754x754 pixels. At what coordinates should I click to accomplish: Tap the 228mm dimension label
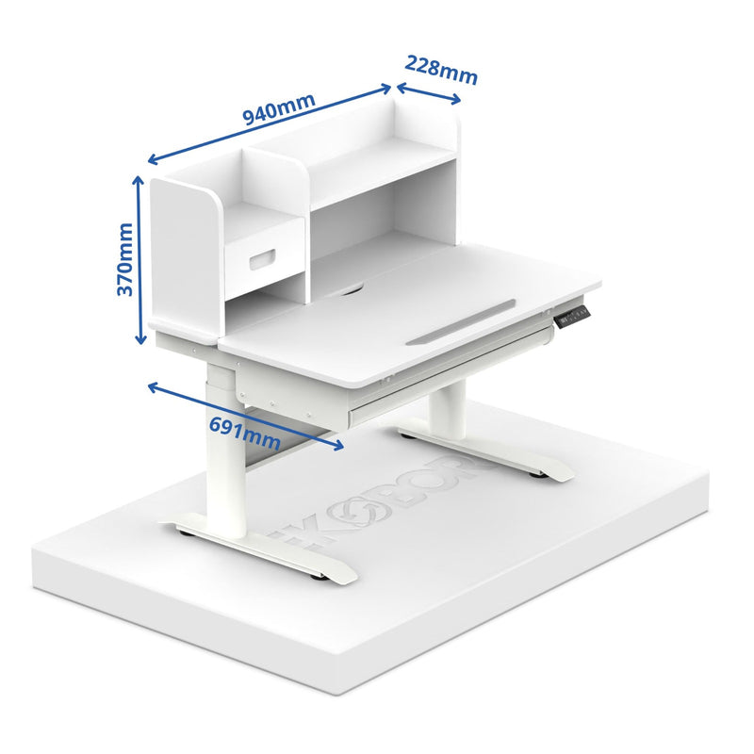(x=441, y=69)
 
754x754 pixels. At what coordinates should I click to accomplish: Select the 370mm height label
(x=124, y=259)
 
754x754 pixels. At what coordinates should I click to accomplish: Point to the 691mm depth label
(x=243, y=432)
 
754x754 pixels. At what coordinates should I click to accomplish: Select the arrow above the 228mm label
(x=428, y=92)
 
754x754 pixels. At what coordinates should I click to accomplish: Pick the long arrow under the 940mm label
(x=270, y=125)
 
